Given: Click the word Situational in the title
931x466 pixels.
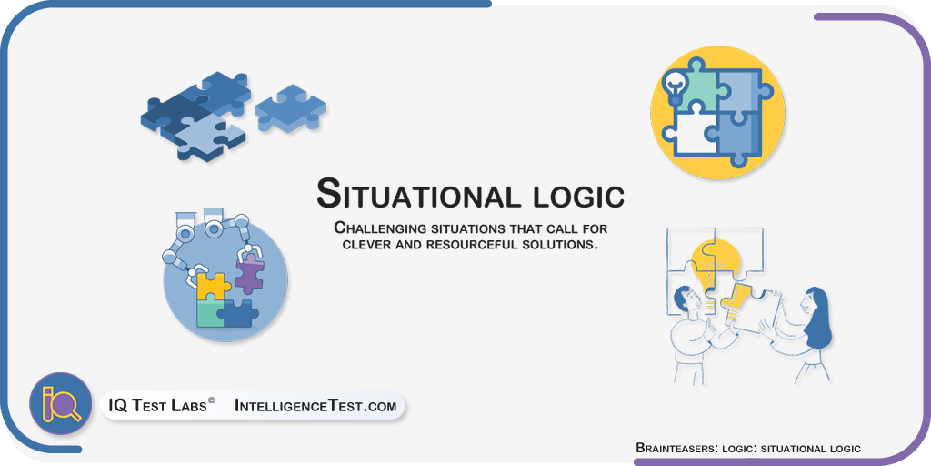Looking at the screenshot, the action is (x=412, y=193).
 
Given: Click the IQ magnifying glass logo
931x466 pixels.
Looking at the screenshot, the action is (x=60, y=403).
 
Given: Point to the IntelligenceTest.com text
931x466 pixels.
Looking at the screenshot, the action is (x=315, y=406).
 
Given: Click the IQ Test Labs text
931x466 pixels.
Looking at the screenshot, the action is (x=157, y=406).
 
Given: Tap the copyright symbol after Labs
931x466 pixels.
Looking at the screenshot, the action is (x=211, y=402).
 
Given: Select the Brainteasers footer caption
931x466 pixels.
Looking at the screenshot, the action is (x=748, y=448).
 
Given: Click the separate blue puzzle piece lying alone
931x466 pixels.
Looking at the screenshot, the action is (x=290, y=108).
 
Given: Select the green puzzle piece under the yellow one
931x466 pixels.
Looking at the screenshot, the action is (x=210, y=313).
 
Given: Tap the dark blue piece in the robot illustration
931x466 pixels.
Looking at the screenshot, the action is (x=239, y=313).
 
